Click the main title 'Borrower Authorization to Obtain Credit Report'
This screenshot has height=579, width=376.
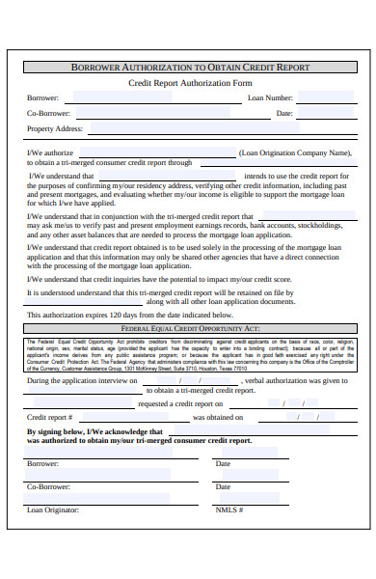tap(191, 68)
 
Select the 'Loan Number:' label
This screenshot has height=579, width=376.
tap(270, 98)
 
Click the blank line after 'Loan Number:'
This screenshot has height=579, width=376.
tap(323, 99)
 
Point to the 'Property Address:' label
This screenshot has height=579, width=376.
tap(54, 128)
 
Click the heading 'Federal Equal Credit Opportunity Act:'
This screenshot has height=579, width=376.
tap(191, 302)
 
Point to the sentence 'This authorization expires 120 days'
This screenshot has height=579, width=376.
tap(129, 288)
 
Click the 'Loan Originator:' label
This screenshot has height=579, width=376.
tap(53, 510)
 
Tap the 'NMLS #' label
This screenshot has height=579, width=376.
tap(228, 510)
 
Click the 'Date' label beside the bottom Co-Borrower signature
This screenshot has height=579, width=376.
tap(223, 486)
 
